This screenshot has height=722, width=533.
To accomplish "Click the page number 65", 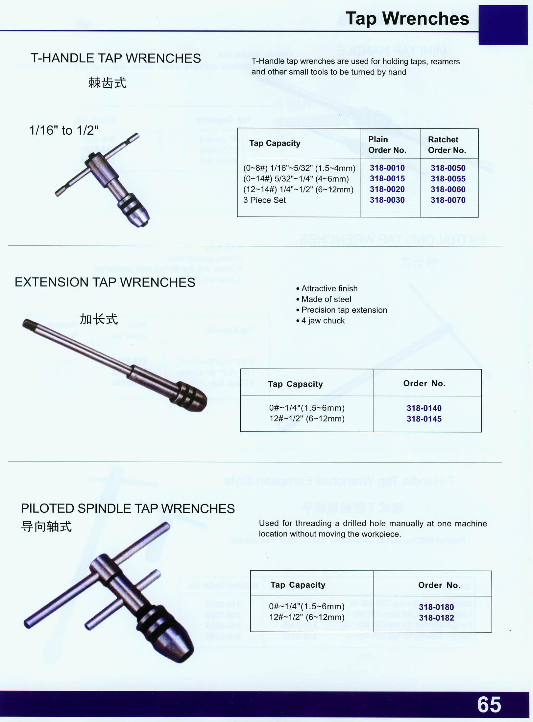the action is pos(489,704).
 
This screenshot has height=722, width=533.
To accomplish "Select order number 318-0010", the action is pos(387,168).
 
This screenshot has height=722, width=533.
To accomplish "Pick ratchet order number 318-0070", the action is pos(448,200).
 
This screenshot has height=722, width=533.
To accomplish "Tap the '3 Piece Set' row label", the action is pos(264,200).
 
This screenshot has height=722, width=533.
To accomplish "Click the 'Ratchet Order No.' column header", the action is pos(447,145).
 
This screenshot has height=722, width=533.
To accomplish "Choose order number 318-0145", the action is pos(424,419).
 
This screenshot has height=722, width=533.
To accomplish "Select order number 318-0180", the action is pos(436,607).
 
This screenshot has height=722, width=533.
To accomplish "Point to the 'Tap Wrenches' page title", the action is pos(407,18).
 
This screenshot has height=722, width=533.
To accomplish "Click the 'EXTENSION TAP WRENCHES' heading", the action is pos(105,282).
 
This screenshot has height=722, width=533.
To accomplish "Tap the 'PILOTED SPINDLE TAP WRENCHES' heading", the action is pos(128,508).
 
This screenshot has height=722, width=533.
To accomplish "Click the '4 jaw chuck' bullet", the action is pos(321,321).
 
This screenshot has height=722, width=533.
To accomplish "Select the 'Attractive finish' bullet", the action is pos(327,288).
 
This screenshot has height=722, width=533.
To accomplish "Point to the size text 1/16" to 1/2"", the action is pos(64,130).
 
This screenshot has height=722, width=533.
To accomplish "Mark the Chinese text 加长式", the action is pos(99,319).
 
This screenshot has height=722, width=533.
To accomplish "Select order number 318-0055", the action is pos(448,179).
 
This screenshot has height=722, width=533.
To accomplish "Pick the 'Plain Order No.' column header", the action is pos(387,145).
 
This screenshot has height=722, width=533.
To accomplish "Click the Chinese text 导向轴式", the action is pos(46,526).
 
